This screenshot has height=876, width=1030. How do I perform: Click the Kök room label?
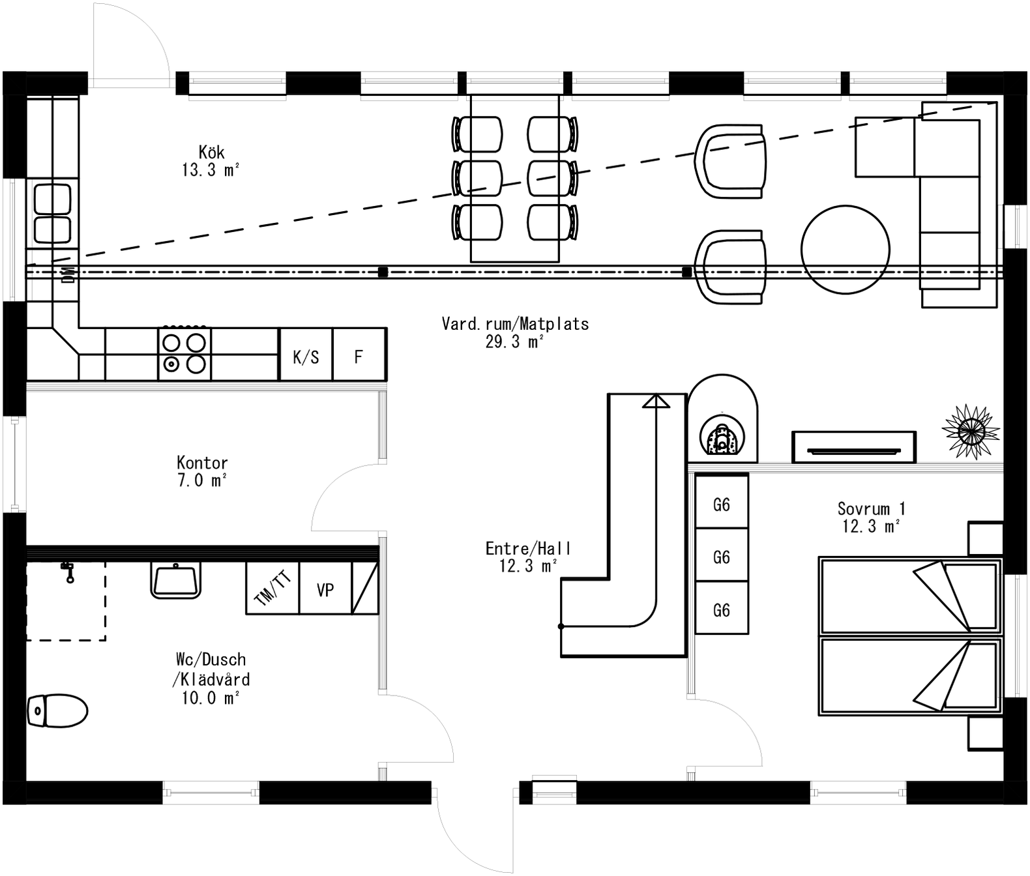[x=212, y=153]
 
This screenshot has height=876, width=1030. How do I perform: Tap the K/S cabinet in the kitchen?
[x=306, y=357]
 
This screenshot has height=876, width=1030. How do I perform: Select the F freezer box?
[x=359, y=357]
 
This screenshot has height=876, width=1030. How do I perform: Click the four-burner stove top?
[x=184, y=354]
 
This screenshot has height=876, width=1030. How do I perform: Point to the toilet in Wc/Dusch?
[x=57, y=710]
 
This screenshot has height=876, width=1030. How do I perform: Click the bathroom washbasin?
[x=175, y=581]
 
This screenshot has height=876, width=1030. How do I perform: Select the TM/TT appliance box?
[x=272, y=589]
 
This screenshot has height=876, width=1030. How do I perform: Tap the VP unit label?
[x=325, y=590]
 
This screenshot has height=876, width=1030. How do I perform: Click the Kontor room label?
[x=202, y=463]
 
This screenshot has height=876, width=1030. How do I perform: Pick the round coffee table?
[x=845, y=250]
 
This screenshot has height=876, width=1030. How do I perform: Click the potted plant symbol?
[x=971, y=431]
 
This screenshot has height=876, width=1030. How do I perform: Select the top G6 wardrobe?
[x=721, y=504]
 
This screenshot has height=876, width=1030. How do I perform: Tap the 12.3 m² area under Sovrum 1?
[x=871, y=527]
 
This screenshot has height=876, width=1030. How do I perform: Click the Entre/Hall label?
[x=528, y=549]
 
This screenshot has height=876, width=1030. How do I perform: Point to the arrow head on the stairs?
[x=656, y=401]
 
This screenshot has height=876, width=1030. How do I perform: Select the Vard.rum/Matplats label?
[x=515, y=324]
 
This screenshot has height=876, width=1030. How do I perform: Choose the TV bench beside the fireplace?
[x=853, y=447]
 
